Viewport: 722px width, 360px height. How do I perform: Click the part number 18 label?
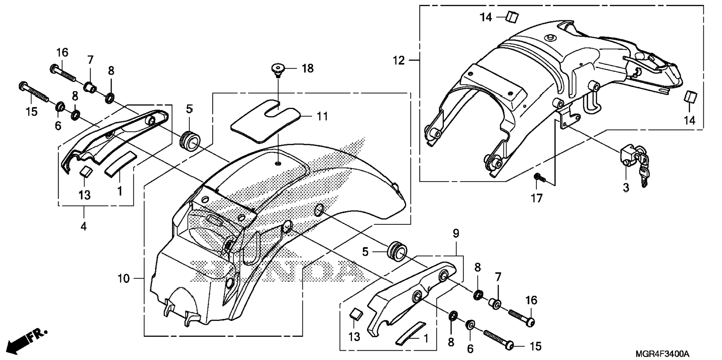308,69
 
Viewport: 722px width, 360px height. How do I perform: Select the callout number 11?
322,117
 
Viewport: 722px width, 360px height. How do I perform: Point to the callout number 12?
399,60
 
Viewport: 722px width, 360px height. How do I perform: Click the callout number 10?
123,279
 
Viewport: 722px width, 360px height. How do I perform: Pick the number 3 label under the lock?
626,187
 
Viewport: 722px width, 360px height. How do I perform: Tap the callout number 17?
536,198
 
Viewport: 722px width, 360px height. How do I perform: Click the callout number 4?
84,226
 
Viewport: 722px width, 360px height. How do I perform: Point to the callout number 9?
456,234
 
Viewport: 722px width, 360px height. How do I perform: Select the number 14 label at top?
486,17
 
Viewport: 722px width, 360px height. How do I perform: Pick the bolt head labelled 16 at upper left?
53,68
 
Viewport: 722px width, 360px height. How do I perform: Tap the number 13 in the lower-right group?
354,337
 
